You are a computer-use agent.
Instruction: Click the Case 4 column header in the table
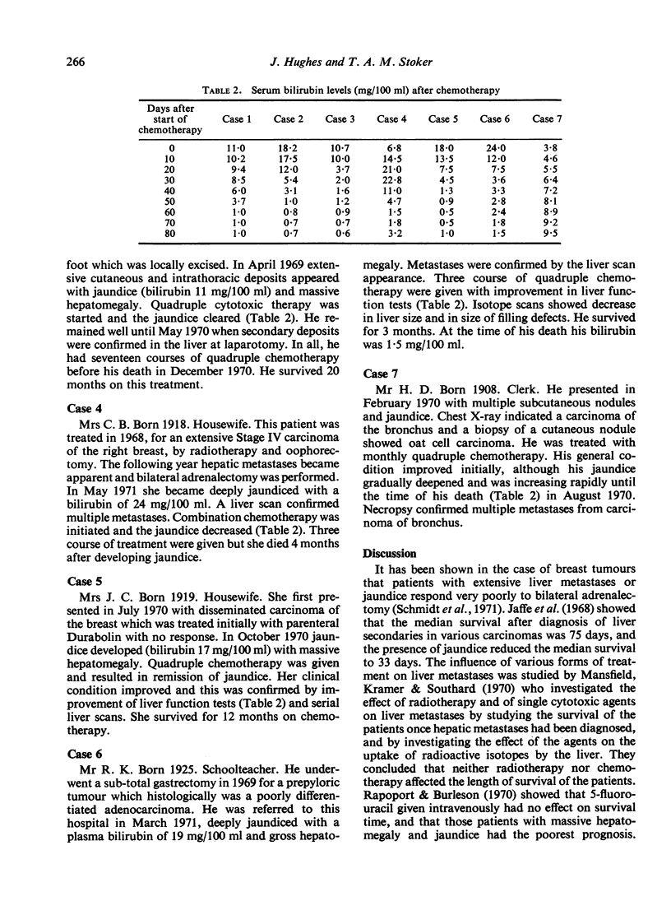(x=391, y=119)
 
